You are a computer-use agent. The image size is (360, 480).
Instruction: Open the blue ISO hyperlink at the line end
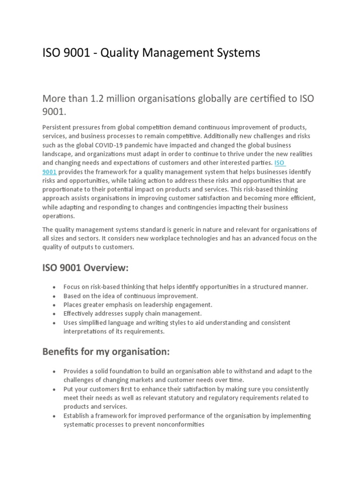click(x=280, y=163)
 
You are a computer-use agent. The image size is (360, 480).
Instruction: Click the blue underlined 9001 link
click(x=49, y=172)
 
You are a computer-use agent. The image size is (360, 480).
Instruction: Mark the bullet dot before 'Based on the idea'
click(x=55, y=296)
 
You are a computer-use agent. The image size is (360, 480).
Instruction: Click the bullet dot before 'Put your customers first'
click(x=55, y=389)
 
